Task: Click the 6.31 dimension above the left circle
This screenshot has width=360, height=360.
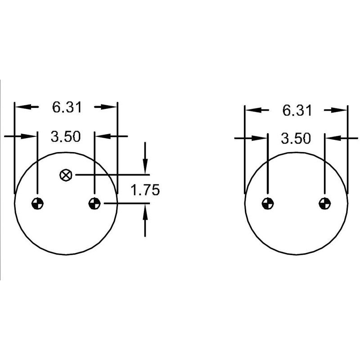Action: point(67,108)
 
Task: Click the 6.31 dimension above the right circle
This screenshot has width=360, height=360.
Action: point(297,111)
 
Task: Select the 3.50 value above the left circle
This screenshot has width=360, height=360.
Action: point(66,137)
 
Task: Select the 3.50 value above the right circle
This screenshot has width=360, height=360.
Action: point(296,139)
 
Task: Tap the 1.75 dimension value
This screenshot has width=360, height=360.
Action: point(145,190)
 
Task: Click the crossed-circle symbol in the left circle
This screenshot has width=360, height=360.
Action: point(66,175)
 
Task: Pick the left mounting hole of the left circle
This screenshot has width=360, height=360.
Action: point(37,203)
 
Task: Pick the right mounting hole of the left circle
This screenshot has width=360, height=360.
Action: point(94,203)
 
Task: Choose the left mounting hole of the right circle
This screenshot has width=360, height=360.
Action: point(268,203)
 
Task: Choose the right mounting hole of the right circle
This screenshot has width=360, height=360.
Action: point(325,203)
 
